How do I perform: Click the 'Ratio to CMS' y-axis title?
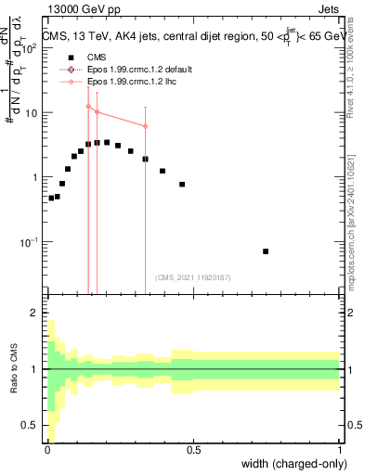(12, 369)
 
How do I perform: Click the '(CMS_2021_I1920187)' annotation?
(192, 277)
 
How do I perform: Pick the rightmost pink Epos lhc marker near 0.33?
(145, 126)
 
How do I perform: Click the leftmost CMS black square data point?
(51, 198)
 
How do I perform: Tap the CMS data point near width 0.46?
(182, 185)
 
